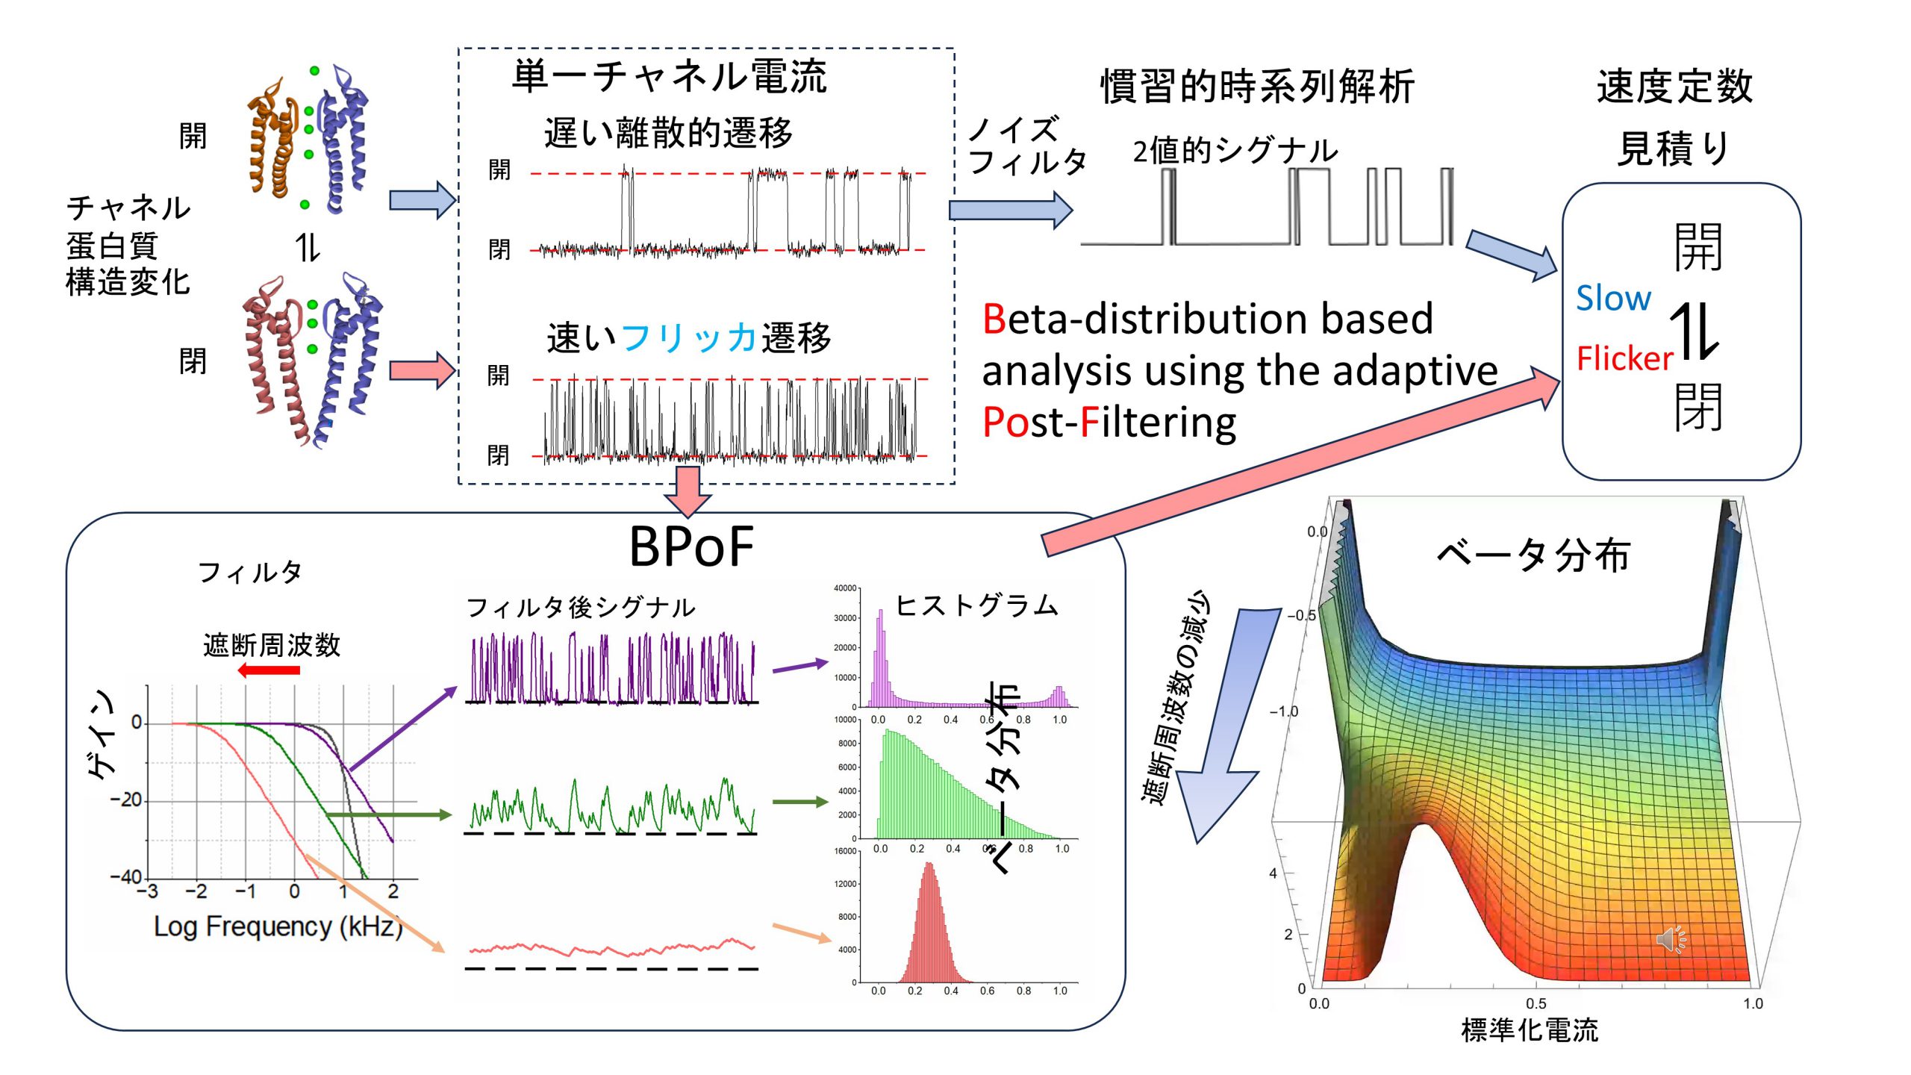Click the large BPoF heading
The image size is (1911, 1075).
[691, 547]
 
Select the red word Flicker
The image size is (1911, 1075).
[1624, 359]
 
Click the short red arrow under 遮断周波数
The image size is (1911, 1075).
[269, 670]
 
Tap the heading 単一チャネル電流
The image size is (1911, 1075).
[669, 77]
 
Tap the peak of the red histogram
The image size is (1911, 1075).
[929, 866]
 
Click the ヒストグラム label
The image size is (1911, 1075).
[976, 605]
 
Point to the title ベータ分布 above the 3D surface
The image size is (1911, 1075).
[1533, 555]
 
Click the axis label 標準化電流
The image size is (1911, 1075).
[1529, 1030]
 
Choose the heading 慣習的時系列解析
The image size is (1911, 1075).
[1257, 87]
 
